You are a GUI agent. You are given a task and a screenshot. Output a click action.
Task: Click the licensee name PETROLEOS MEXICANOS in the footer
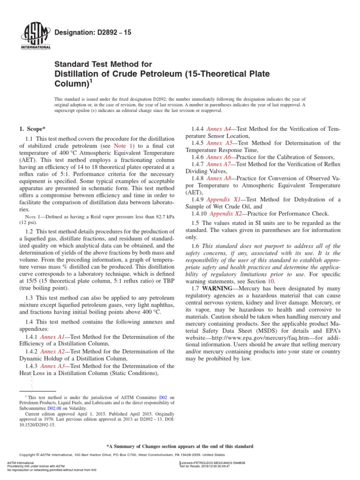click(219, 462)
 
